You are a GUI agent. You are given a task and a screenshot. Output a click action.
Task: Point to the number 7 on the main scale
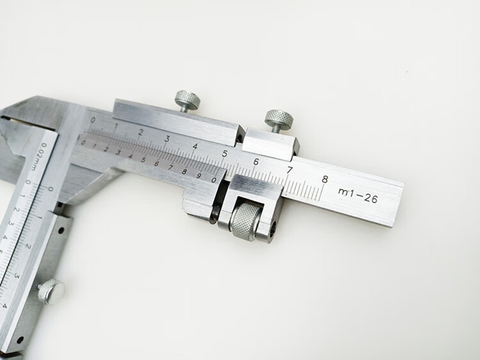coord(289,170)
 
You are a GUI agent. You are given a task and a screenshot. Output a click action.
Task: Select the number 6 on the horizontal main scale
coord(256,161)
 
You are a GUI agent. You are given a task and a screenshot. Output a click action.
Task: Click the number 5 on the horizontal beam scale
coord(224,154)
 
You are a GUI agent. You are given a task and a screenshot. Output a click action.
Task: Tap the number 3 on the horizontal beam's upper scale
coord(167,138)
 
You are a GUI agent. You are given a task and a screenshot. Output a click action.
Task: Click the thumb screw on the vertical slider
coord(51,291)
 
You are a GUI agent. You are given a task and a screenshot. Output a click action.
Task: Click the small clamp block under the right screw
coord(271,144)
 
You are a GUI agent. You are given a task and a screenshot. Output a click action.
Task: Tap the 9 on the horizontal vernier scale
coord(199,176)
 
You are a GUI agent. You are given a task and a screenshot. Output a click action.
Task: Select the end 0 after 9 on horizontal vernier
coord(214,180)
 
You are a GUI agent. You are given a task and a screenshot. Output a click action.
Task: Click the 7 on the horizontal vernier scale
coord(170,167)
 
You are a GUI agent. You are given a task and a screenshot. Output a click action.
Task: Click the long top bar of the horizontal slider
coord(176,118)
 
